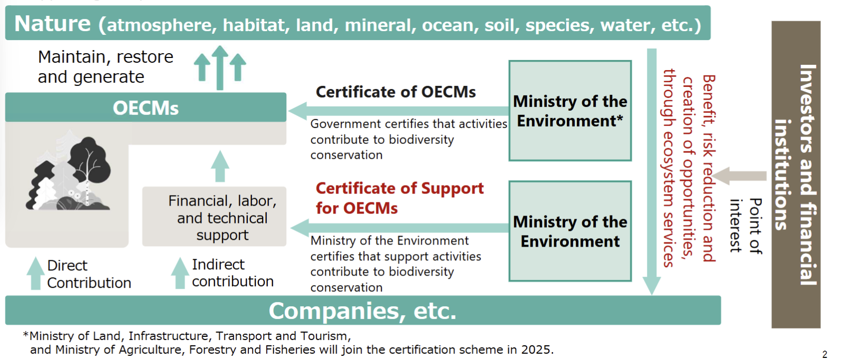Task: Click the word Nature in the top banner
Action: (52, 24)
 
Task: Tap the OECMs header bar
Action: (146, 108)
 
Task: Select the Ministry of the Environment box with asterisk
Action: (570, 111)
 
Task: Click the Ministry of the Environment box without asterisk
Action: (570, 231)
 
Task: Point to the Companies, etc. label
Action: (362, 310)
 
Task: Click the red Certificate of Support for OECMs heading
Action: (400, 198)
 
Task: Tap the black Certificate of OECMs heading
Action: (395, 92)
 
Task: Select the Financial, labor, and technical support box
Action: (214, 217)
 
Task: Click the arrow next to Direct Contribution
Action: (35, 274)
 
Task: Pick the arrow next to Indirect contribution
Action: (180, 273)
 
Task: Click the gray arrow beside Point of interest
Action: (739, 176)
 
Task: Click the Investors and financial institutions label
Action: (796, 174)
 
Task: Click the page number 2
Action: (825, 354)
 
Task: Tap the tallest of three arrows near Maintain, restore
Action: (219, 67)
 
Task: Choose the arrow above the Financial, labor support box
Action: (220, 166)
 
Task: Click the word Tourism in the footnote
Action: (325, 336)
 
